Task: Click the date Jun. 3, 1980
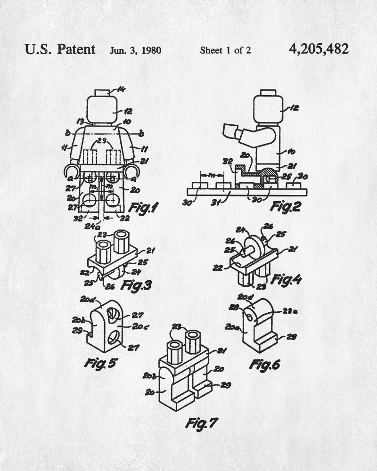(x=136, y=50)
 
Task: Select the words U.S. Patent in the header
(x=60, y=49)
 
